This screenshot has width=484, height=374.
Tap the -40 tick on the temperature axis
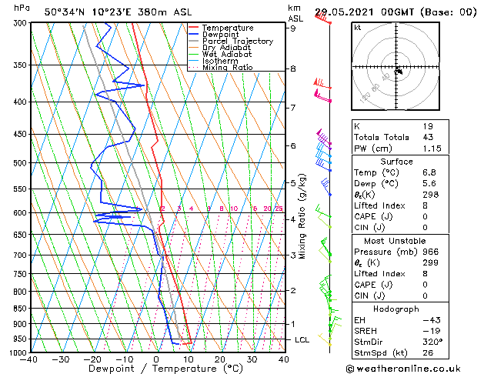[x=30, y=359]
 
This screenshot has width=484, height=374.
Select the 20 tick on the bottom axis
[x=220, y=359]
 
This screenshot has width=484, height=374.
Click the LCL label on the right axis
[x=302, y=339]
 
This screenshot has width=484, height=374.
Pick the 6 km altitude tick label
[x=292, y=145]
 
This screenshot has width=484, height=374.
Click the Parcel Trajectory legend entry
[x=237, y=42]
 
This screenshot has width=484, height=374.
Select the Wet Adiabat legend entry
[x=229, y=55]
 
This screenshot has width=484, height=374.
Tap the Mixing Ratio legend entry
[x=227, y=68]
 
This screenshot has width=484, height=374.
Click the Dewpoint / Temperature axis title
[x=156, y=369]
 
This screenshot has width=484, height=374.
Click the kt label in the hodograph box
[x=358, y=28]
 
